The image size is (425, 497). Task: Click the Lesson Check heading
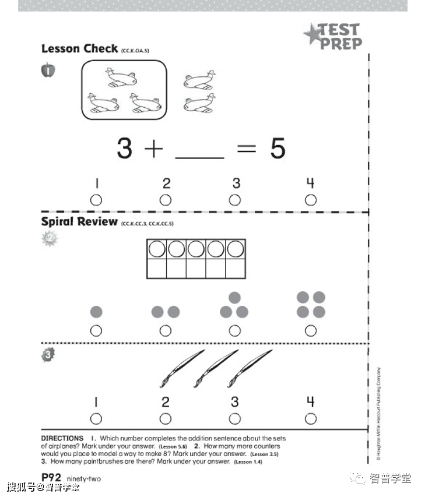[x=79, y=49]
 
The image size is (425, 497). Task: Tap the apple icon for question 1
[x=48, y=71]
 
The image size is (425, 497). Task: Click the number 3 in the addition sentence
[x=124, y=149]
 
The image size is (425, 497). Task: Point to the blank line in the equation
[x=199, y=156]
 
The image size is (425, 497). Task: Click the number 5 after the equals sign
[x=278, y=149]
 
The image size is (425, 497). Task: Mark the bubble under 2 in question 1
[x=166, y=200]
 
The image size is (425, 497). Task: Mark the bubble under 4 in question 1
[x=311, y=200]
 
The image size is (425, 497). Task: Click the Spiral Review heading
[x=79, y=222]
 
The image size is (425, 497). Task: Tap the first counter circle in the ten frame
[x=157, y=249]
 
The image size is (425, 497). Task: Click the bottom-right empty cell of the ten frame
[x=236, y=269]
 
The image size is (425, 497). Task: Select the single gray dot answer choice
[x=96, y=312]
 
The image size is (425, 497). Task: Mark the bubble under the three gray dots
[x=235, y=330]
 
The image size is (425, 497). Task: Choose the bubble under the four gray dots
[x=311, y=330]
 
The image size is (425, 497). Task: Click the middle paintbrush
[x=215, y=368]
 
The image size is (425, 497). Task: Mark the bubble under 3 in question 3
[x=235, y=418]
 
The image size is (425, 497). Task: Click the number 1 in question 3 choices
[x=96, y=401]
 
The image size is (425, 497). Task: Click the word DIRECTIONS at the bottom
[x=62, y=438]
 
